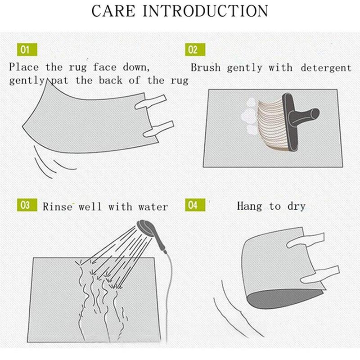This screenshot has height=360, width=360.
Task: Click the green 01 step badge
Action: pyautogui.click(x=27, y=49)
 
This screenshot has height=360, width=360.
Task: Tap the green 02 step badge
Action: pyautogui.click(x=195, y=49)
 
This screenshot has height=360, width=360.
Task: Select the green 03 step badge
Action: pyautogui.click(x=27, y=205)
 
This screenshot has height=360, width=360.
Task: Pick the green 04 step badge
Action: pyautogui.click(x=195, y=205)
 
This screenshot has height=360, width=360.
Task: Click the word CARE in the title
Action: pyautogui.click(x=113, y=11)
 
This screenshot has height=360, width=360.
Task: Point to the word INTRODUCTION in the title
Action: pyautogui.click(x=205, y=11)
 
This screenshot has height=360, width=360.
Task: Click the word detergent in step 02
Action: pyautogui.click(x=326, y=68)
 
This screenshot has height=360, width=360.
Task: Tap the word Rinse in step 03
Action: pyautogui.click(x=58, y=207)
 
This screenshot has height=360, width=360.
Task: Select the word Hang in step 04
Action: pyautogui.click(x=250, y=206)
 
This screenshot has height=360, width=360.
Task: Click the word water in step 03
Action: pyautogui.click(x=153, y=207)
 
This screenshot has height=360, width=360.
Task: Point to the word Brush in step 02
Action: pyautogui.click(x=206, y=68)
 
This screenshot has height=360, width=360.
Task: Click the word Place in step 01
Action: pyautogui.click(x=24, y=67)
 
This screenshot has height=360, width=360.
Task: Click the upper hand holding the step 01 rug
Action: pyautogui.click(x=150, y=102)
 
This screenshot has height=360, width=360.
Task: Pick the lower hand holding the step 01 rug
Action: pyautogui.click(x=158, y=129)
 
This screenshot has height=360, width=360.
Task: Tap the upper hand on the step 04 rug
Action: pyautogui.click(x=306, y=240)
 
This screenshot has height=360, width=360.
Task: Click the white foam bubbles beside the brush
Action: pyautogui.click(x=249, y=116)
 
